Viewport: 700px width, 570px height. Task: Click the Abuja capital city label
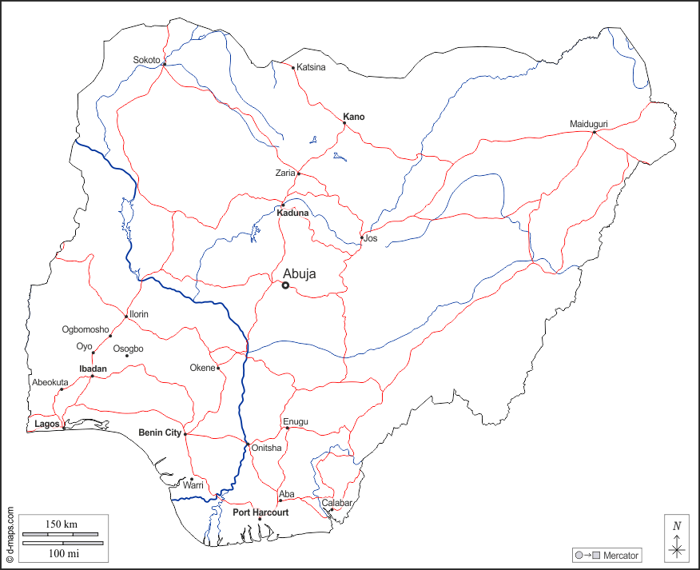tap(299, 273)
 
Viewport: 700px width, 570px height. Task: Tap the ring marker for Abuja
tap(285, 285)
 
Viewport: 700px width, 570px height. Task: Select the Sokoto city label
tap(146, 60)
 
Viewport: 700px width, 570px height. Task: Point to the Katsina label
tap(311, 67)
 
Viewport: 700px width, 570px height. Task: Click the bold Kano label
tap(353, 117)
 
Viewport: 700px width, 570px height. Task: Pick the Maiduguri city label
tap(589, 124)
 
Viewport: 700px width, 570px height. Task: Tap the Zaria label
tap(285, 173)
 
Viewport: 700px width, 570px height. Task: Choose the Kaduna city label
tap(292, 213)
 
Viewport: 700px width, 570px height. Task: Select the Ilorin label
tap(138, 314)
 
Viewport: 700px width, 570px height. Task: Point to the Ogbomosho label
tap(86, 329)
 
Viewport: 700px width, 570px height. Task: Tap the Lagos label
tap(47, 424)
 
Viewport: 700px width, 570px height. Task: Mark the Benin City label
tap(161, 432)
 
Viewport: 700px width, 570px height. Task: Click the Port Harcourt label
tap(261, 512)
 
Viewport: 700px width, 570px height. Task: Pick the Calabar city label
tap(337, 503)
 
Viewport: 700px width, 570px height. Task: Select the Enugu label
tap(295, 421)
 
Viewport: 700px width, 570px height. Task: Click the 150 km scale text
tap(61, 524)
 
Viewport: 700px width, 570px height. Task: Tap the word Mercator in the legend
tap(622, 555)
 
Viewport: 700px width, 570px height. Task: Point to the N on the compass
tap(677, 525)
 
